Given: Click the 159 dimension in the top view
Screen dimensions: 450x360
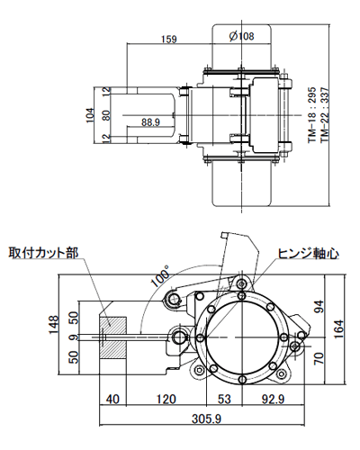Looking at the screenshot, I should [168, 39].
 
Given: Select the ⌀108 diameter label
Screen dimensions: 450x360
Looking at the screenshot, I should [242, 36].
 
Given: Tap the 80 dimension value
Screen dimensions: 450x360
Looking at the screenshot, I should [106, 114].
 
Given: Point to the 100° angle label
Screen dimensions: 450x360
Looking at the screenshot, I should [160, 275].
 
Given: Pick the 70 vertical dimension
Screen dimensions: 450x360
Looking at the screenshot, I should [317, 357].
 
